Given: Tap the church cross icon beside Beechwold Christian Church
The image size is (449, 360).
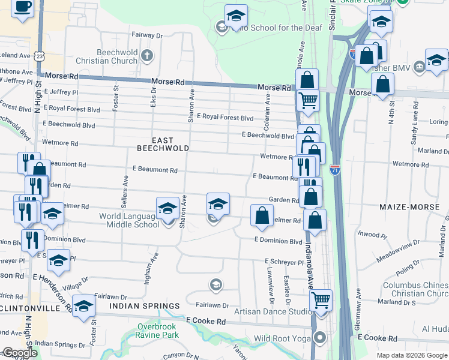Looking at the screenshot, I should (148, 56).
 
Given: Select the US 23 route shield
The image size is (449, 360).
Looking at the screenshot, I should (40, 55).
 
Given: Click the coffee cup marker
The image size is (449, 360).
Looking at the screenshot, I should (23, 8).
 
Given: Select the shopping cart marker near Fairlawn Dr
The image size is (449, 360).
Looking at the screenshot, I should (322, 299).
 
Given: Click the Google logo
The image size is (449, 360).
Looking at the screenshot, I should (19, 353).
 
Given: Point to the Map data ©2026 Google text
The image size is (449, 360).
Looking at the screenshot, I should (412, 355).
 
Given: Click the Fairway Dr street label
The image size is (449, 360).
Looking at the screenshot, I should (147, 36).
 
